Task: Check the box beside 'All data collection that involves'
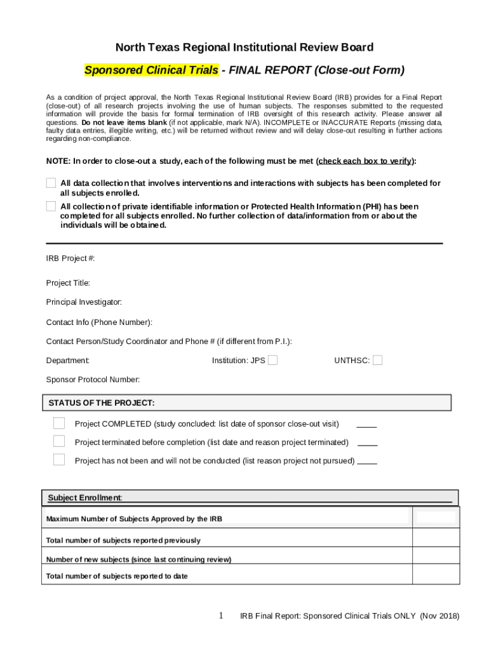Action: point(51,183)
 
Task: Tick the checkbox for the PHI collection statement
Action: point(51,206)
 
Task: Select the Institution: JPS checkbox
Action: point(272,361)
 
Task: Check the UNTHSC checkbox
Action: point(377,361)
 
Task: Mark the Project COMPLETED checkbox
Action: point(59,423)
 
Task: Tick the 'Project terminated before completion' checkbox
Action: point(59,442)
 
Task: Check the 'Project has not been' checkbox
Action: point(59,460)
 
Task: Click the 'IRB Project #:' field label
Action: point(70,258)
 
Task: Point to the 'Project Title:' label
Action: point(68,282)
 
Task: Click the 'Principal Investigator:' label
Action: point(84,302)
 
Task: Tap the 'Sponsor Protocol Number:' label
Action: point(93,380)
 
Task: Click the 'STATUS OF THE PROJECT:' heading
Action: point(102,403)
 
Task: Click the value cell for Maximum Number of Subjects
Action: point(436,518)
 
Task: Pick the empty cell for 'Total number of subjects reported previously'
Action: point(436,538)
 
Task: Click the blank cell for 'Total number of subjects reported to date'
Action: point(436,574)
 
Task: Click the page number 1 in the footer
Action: point(221,616)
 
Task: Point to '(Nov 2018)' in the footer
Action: point(439,616)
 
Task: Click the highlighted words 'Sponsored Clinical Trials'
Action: point(151,70)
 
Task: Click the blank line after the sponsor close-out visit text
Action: point(367,425)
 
